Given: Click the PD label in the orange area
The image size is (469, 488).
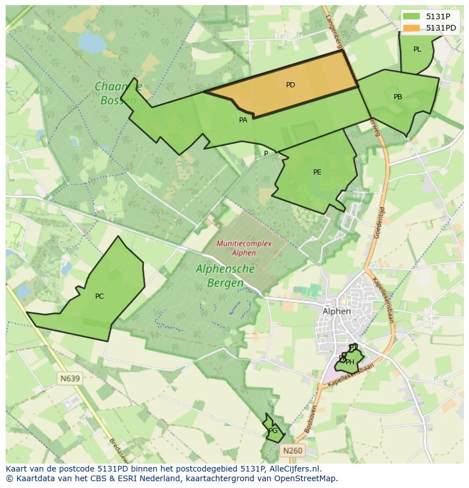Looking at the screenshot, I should (x=290, y=85).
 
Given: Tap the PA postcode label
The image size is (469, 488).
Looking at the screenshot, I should (x=243, y=120).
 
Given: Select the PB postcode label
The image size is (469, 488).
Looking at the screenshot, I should (x=398, y=97).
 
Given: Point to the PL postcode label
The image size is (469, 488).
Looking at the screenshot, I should (x=417, y=49).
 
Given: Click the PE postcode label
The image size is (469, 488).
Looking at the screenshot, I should (x=317, y=172).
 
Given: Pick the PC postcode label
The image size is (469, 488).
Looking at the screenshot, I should (x=99, y=296).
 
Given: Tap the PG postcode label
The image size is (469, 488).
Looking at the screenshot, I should (x=273, y=431).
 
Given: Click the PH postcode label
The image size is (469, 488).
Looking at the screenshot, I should (x=350, y=362).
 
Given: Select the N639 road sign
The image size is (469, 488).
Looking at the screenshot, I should (x=70, y=378).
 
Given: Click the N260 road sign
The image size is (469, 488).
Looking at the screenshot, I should (x=292, y=451).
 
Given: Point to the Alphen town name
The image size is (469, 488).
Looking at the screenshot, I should (x=336, y=311).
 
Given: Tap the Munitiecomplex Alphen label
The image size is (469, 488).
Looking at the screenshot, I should (x=244, y=248).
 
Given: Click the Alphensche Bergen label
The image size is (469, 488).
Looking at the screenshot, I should (x=225, y=275).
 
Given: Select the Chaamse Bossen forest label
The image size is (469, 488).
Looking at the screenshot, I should (x=118, y=94).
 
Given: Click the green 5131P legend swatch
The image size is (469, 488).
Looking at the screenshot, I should (x=412, y=16).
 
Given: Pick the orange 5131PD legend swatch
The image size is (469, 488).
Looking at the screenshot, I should (x=412, y=28).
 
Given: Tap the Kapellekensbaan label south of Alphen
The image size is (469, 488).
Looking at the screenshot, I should (x=351, y=376).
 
